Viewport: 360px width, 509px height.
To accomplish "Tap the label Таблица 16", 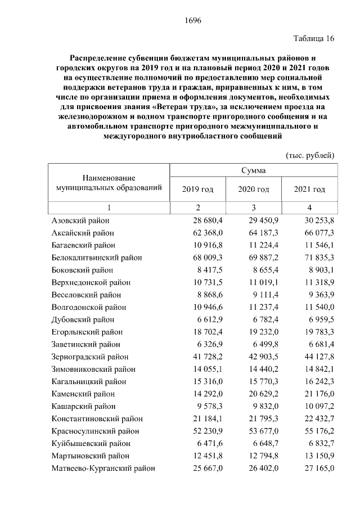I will pyautogui.click(x=314, y=39).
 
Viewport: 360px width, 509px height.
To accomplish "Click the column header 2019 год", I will pyautogui.click(x=198, y=190).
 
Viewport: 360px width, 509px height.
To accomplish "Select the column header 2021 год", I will pyautogui.click(x=309, y=190).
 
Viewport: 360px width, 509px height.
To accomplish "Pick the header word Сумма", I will pyautogui.click(x=254, y=170).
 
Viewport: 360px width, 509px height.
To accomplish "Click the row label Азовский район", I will pyautogui.click(x=80, y=221).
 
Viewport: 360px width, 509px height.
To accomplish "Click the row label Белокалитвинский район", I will pyautogui.click(x=97, y=258).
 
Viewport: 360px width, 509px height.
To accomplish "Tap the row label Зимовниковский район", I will pyautogui.click(x=93, y=369).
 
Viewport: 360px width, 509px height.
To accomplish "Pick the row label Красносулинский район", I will pyautogui.click(x=95, y=431).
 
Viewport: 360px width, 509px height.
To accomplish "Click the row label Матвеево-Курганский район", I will pyautogui.click(x=103, y=468).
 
